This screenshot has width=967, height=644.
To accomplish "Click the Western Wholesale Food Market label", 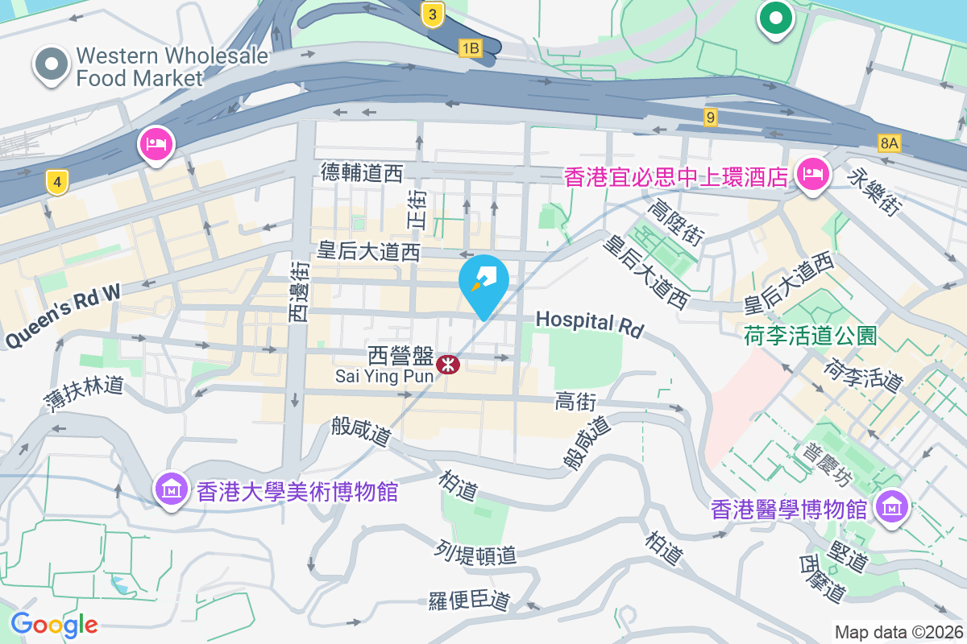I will pyautogui.click(x=138, y=67).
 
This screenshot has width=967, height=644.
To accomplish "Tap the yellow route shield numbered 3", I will pyautogui.click(x=434, y=14).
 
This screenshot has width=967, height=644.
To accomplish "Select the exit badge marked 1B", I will pyautogui.click(x=470, y=49).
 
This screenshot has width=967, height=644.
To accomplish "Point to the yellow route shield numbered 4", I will pyautogui.click(x=56, y=182).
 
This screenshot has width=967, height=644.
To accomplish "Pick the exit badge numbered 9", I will pyautogui.click(x=710, y=118).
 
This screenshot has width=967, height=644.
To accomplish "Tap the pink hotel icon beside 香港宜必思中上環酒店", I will pyautogui.click(x=813, y=174).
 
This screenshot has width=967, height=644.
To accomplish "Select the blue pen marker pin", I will pyautogui.click(x=483, y=283).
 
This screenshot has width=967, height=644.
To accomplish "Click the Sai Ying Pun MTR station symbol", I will pyautogui.click(x=447, y=365).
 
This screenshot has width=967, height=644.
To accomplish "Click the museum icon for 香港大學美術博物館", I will pyautogui.click(x=171, y=489).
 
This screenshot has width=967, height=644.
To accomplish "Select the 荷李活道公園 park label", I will pyautogui.click(x=811, y=335).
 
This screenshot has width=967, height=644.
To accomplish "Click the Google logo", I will pyautogui.click(x=55, y=624).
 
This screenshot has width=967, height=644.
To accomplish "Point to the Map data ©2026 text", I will pyautogui.click(x=898, y=632).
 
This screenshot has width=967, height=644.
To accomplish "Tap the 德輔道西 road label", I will pyautogui.click(x=361, y=171).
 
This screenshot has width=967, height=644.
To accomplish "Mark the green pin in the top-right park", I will pyautogui.click(x=775, y=19).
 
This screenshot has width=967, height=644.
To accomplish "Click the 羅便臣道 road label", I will pyautogui.click(x=470, y=601).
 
